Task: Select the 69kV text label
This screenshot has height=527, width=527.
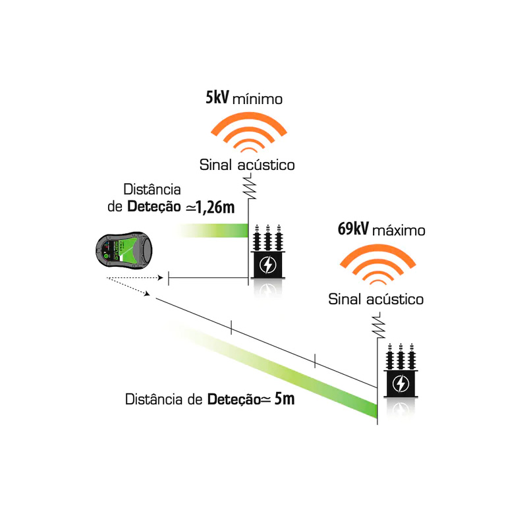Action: pos(352,230)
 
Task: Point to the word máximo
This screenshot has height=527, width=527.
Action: pos(399,231)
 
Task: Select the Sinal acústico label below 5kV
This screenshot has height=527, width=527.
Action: pos(247,164)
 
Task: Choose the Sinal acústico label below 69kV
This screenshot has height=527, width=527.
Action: pos(376,300)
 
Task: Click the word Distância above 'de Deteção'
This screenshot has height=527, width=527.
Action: pos(152,189)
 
